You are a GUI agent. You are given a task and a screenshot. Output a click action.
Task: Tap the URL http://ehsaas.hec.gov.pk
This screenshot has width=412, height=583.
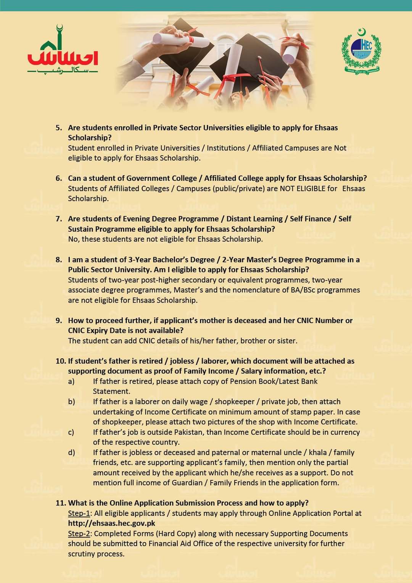(111, 523)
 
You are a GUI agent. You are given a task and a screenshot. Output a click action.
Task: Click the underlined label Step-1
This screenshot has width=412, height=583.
(79, 513)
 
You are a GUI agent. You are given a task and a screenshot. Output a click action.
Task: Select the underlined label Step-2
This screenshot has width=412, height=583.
(79, 533)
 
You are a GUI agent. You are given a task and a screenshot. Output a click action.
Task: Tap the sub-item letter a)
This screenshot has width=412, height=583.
(71, 381)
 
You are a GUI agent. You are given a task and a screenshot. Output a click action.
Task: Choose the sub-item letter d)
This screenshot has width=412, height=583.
(71, 453)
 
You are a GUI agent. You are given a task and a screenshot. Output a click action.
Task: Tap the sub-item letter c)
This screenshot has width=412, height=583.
(71, 432)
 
